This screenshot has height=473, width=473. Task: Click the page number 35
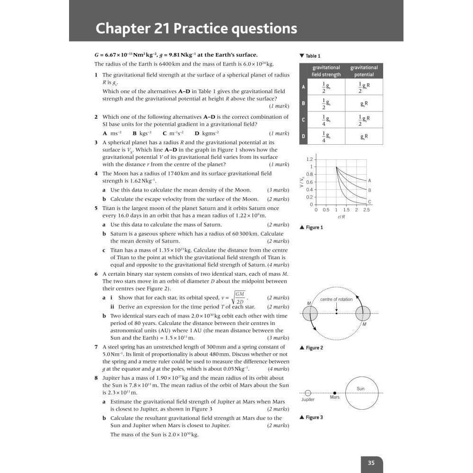(x=371, y=463)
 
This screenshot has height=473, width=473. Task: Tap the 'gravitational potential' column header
(x=364, y=71)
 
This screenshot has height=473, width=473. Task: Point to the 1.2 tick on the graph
(x=309, y=159)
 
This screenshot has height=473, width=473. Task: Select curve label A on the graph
(x=369, y=180)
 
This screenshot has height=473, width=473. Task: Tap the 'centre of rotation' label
(x=336, y=299)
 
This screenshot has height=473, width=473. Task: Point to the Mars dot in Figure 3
(x=335, y=393)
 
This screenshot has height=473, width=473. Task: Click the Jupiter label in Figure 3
(x=308, y=400)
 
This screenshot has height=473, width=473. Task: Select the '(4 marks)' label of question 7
(x=278, y=369)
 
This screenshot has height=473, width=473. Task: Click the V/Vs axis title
(x=301, y=182)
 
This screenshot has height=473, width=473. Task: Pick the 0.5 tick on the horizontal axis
(x=326, y=210)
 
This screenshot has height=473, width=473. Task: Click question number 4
(x=96, y=174)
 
